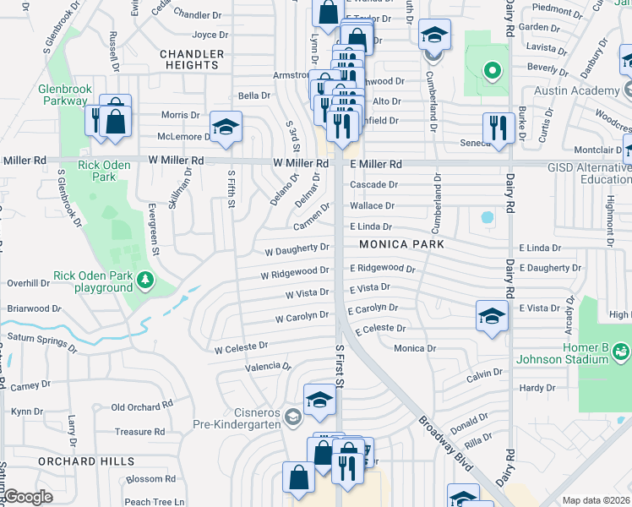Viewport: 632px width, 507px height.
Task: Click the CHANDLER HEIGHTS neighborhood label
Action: tap(192, 59)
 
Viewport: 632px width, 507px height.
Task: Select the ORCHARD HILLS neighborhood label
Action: tap(85, 461)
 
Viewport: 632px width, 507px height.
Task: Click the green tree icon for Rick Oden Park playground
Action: tap(146, 279)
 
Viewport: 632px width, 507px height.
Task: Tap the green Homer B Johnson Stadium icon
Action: tap(621, 350)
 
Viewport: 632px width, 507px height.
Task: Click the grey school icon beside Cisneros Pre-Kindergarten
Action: tap(292, 416)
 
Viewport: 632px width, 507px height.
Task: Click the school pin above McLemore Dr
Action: tap(226, 127)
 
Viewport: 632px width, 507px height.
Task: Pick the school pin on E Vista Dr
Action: tap(492, 316)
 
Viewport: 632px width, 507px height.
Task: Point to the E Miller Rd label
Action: tap(375, 164)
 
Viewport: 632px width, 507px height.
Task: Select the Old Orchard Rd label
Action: tap(142, 407)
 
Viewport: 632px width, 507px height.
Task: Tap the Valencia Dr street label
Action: tap(267, 367)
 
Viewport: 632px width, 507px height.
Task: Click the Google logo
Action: tap(28, 496)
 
